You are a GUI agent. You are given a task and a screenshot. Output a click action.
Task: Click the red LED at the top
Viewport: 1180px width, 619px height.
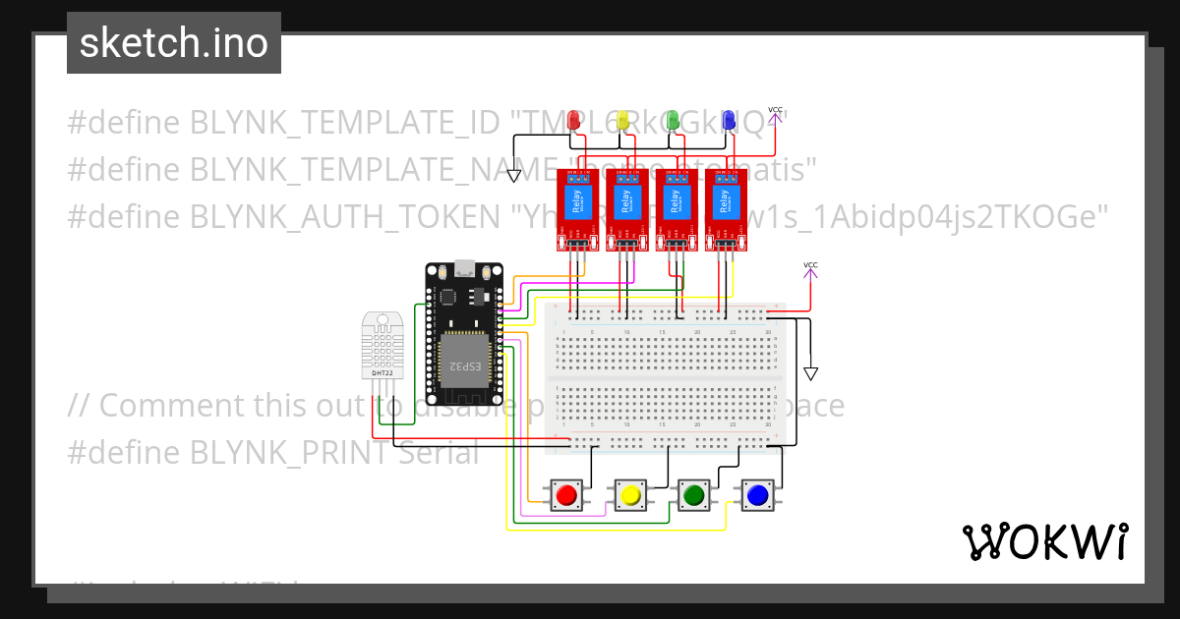click(574, 120)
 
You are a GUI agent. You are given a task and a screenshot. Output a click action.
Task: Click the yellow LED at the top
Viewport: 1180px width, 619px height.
click(622, 120)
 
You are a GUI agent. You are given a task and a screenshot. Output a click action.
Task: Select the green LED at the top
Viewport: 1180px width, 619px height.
click(673, 120)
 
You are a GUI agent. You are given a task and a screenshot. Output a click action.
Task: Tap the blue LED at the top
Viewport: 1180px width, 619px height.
click(729, 120)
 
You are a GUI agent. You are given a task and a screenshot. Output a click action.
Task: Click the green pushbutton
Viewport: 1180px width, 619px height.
click(694, 495)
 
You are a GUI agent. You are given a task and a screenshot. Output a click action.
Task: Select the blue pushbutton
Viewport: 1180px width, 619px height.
click(757, 495)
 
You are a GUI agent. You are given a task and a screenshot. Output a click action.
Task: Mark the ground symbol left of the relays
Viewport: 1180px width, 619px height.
click(513, 176)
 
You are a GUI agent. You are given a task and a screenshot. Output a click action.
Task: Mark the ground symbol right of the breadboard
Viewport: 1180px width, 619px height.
click(810, 373)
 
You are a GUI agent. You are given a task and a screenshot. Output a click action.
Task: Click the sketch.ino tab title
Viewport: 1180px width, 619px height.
click(174, 43)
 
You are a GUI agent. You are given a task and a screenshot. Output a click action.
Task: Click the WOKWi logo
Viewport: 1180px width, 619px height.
click(1044, 541)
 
